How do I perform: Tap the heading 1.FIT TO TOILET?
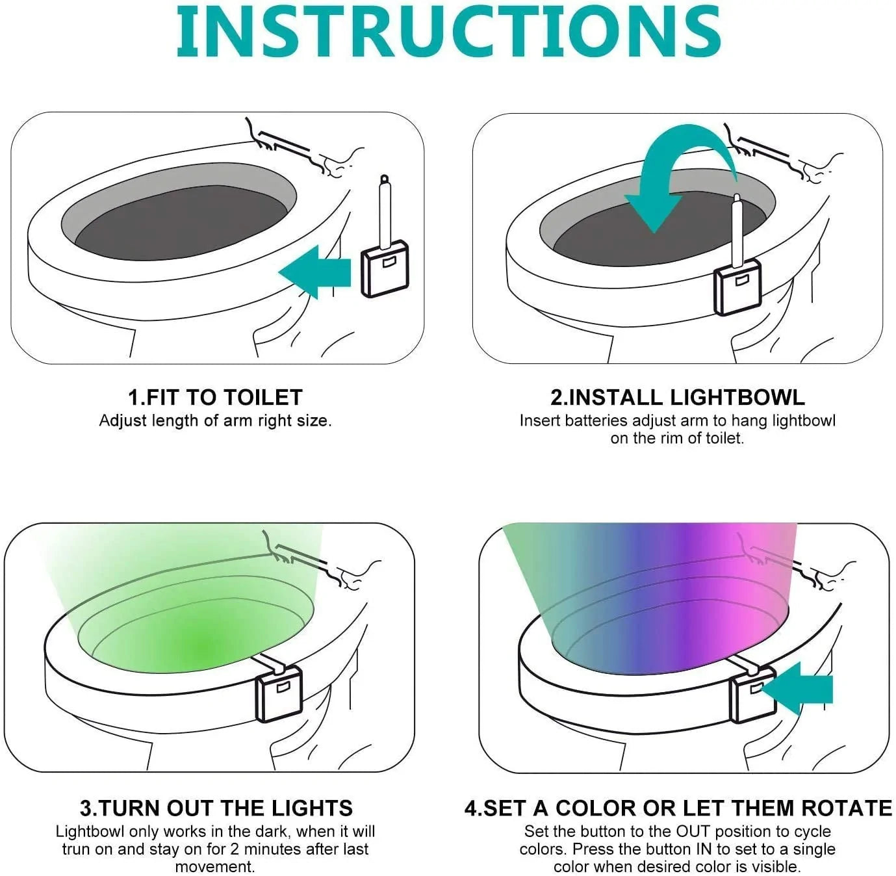215,397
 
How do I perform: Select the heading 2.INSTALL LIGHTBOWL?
677,397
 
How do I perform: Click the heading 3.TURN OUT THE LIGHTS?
216,808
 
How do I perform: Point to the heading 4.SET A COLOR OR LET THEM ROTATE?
678,808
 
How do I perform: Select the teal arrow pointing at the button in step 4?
799,689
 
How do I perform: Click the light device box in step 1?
385,268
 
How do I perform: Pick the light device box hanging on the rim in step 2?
738,285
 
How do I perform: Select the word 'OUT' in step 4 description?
693,832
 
